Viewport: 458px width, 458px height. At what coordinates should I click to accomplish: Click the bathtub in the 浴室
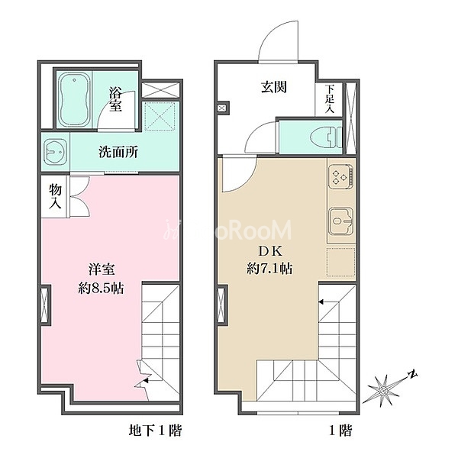pos(74,99)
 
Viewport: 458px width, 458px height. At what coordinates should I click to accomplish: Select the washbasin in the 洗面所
pos(55,152)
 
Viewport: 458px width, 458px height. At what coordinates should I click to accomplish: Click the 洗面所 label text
pos(118,152)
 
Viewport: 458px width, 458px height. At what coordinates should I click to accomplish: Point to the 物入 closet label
pos(55,196)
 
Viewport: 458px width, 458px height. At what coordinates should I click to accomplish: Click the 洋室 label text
pos(102,269)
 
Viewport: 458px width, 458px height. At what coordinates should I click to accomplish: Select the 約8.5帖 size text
pos(101,289)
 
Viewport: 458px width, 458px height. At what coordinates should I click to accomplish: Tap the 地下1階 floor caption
pos(155,431)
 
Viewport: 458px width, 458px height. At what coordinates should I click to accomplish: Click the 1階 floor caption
pos(340,431)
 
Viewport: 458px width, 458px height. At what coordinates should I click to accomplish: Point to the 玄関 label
pos(274,87)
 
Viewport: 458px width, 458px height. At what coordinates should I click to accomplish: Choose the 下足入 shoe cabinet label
pos(330,98)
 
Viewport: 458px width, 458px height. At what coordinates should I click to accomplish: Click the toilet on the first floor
pos(327,137)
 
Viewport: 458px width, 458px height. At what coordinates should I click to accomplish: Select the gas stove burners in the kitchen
pos(340,177)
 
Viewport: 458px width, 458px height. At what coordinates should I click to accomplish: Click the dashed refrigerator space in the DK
pos(340,262)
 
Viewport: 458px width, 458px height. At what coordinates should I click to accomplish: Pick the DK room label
pos(269,251)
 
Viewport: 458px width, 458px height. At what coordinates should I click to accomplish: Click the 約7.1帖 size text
pos(269,268)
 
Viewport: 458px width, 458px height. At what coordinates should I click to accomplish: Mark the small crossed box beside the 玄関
pos(222,108)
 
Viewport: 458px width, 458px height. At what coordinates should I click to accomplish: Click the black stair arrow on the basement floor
pos(146,381)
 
